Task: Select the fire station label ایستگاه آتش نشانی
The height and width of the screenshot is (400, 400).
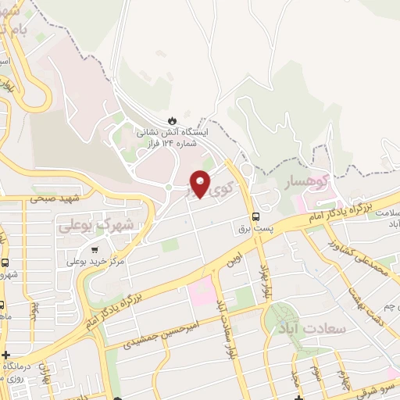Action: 165,133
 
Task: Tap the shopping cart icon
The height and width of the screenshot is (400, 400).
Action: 95,250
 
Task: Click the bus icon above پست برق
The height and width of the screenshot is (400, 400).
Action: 256,217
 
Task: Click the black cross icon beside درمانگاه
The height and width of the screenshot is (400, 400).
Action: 6,355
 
